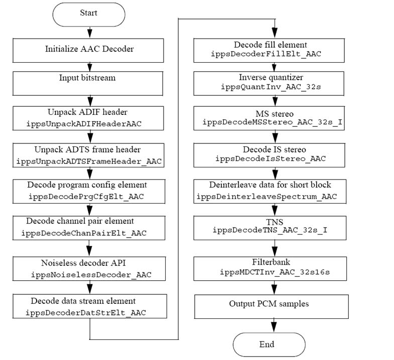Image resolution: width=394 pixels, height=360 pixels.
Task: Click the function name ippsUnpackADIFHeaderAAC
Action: point(84,124)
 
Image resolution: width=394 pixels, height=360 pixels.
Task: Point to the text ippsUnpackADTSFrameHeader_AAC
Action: point(89,161)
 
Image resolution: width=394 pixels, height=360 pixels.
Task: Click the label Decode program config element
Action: point(87,185)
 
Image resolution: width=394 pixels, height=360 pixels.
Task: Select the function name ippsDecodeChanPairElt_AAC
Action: point(84,233)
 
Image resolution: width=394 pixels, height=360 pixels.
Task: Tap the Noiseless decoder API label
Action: point(83,263)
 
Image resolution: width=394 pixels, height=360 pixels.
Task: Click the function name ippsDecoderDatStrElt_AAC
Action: point(86,313)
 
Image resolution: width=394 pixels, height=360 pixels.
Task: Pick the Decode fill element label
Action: point(271,45)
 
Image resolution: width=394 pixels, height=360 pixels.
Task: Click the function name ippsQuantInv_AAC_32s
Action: point(271,87)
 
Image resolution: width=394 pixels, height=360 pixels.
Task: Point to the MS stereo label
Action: point(275,114)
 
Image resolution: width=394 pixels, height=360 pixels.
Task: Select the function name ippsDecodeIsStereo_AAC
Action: point(271,158)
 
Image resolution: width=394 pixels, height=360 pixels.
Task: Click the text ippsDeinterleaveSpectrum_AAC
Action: point(267,197)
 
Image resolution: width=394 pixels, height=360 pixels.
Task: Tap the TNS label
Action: point(275,222)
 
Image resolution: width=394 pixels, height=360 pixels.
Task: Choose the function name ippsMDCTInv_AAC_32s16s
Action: point(275,272)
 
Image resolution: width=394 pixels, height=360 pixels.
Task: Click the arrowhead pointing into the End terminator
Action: point(274,327)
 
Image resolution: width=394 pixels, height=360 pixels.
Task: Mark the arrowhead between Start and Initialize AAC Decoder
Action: point(89,33)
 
